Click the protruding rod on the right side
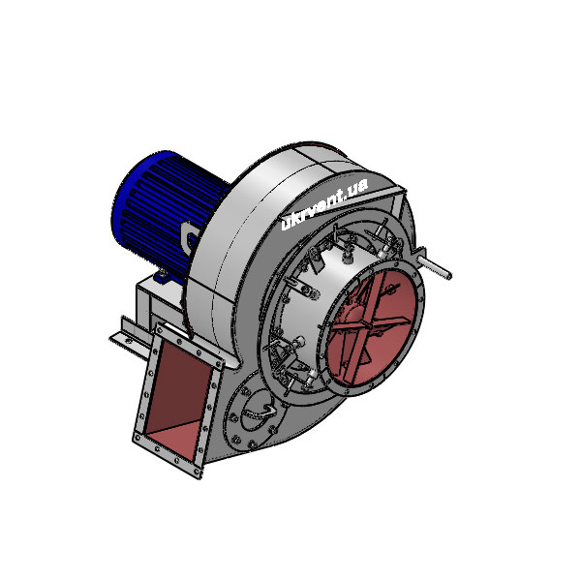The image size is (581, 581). point(438,266)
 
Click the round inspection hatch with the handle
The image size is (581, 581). point(254,411)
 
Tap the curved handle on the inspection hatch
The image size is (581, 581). point(256,413)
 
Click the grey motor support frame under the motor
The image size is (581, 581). point(155,300)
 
